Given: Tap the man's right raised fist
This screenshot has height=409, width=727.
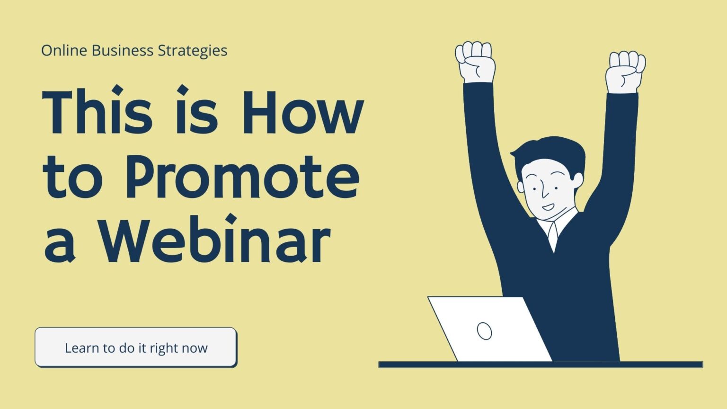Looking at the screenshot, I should [626, 72].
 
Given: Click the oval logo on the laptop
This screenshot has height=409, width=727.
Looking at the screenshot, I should [484, 331].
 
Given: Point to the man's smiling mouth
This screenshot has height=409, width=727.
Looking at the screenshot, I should [548, 207].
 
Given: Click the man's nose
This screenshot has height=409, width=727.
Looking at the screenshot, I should [545, 193].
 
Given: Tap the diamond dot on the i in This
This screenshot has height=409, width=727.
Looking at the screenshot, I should [117, 90].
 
